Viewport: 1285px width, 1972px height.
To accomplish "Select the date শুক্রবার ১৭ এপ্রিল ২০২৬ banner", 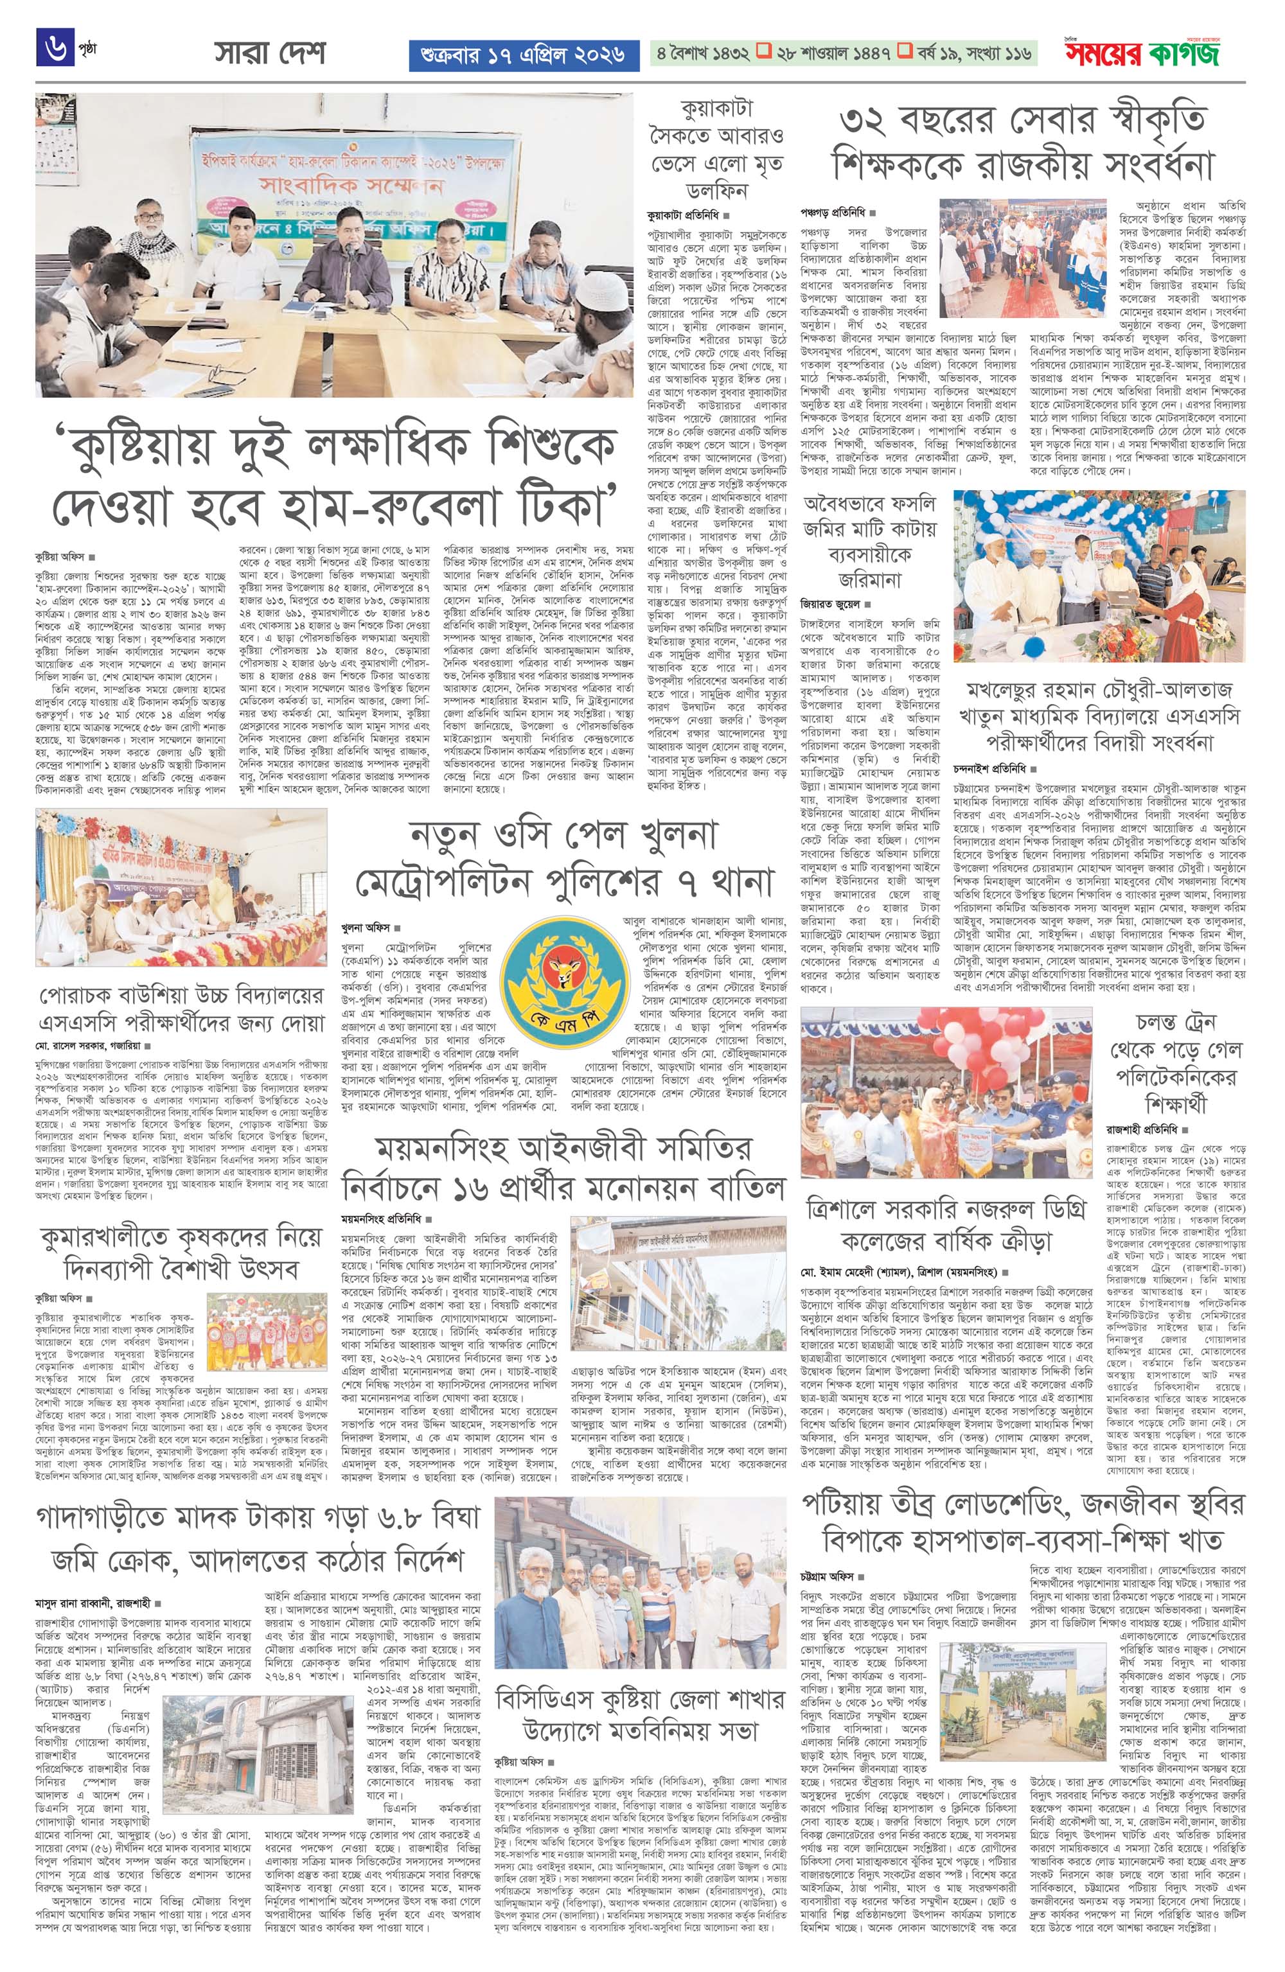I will tap(523, 55).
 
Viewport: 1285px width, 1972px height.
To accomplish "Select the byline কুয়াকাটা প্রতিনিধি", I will tap(680, 214).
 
